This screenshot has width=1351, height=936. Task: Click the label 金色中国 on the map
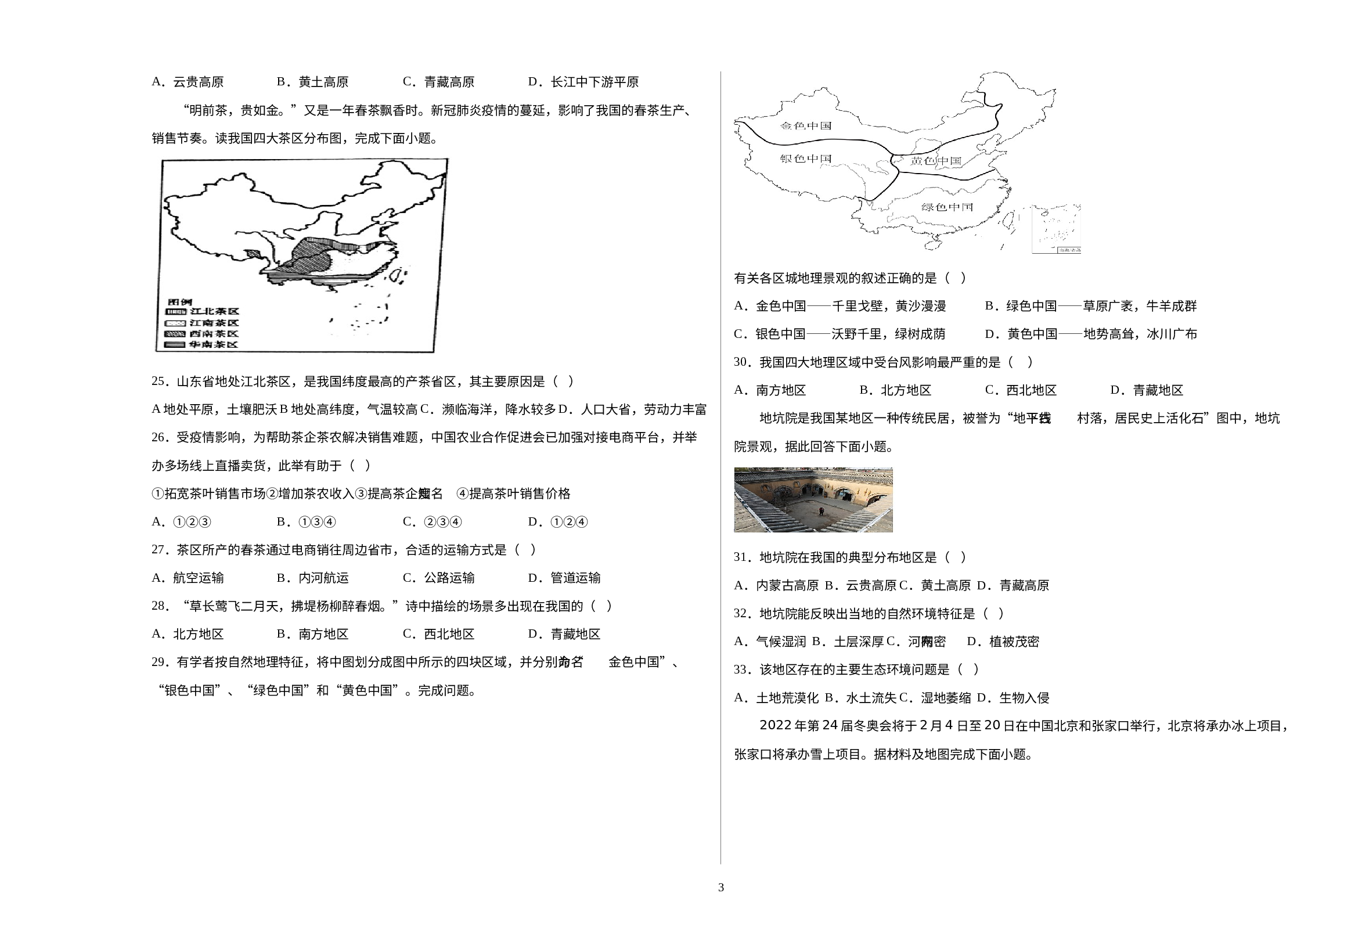click(x=805, y=125)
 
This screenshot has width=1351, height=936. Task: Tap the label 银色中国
click(x=805, y=159)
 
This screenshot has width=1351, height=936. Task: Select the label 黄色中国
click(x=936, y=161)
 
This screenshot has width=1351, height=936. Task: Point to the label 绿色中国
click(x=947, y=207)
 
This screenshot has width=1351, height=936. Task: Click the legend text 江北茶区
click(x=215, y=311)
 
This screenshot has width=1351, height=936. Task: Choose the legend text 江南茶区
click(x=215, y=323)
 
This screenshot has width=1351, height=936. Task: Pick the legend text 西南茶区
click(x=215, y=334)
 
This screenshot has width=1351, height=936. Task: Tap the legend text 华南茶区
click(x=215, y=344)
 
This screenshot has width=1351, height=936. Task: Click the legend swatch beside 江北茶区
click(x=175, y=311)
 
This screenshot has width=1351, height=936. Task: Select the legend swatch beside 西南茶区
click(x=175, y=334)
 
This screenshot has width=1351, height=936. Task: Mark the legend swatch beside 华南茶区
click(x=175, y=345)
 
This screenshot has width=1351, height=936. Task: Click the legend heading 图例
click(x=179, y=302)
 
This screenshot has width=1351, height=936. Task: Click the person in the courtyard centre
click(x=821, y=512)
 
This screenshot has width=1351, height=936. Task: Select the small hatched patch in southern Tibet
click(x=253, y=254)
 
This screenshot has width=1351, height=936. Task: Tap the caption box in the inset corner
click(x=1069, y=250)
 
